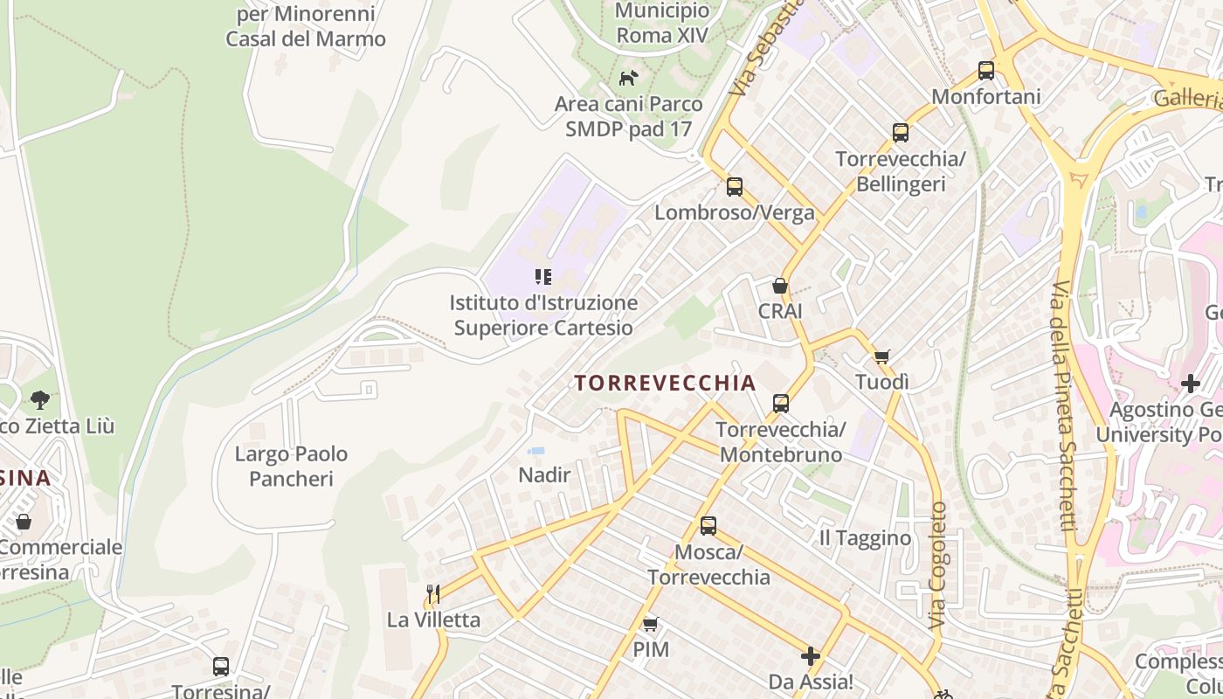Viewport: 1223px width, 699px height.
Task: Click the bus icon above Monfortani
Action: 986,71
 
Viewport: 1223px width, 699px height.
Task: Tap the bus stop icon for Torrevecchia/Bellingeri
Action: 901,134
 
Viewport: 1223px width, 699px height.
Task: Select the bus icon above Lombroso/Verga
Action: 735,186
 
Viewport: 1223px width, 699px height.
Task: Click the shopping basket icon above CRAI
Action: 779,286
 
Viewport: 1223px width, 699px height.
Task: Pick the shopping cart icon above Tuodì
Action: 881,356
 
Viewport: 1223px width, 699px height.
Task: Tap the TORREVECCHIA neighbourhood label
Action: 665,383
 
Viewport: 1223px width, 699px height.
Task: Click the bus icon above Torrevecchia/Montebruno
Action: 781,404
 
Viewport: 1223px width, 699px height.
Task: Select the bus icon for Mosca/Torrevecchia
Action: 708,526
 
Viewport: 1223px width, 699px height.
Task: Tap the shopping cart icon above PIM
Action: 650,624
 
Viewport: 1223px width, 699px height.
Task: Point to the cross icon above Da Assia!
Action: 811,655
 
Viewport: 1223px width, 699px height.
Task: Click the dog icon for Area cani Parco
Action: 628,79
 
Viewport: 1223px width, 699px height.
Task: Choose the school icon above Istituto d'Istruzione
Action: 543,277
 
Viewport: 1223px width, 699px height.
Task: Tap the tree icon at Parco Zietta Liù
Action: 39,400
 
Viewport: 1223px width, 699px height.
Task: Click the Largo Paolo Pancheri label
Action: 291,467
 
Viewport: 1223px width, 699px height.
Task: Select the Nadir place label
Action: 544,475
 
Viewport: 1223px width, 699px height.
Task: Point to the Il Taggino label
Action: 865,538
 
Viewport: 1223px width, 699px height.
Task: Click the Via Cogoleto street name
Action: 938,565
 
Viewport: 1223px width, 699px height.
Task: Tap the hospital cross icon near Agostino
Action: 1191,383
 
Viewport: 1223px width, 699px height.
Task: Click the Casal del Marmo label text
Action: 306,39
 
